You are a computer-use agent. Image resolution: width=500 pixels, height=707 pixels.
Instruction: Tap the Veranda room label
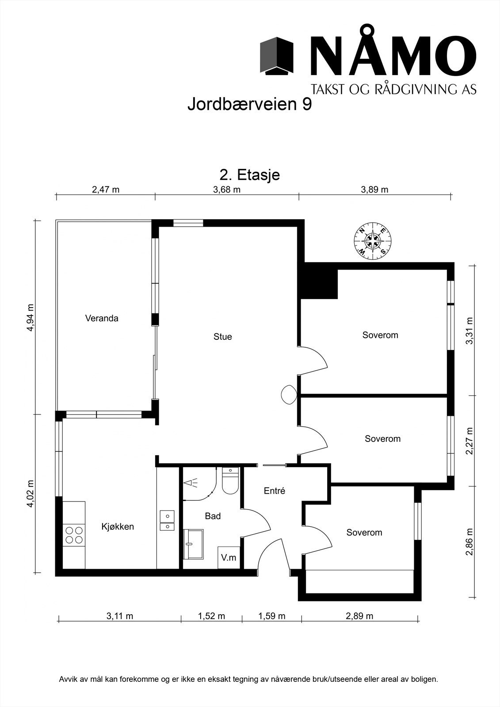[x=102, y=318]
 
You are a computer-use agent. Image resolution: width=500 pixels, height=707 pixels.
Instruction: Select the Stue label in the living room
[x=222, y=337]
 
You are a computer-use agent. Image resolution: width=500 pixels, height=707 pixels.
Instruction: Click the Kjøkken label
[x=118, y=527]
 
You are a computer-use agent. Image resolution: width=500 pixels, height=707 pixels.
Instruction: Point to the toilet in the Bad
[x=230, y=482]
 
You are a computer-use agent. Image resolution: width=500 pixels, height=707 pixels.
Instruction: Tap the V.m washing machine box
[x=229, y=558]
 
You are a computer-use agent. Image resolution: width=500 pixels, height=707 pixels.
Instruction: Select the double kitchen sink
[x=167, y=521]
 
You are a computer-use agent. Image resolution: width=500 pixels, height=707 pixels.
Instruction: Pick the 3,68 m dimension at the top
[x=227, y=190]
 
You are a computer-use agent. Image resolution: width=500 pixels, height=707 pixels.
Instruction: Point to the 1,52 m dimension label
[x=211, y=616]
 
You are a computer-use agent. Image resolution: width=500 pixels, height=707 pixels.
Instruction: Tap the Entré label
[x=275, y=491]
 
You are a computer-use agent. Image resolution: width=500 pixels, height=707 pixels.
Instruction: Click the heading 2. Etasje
[x=250, y=175]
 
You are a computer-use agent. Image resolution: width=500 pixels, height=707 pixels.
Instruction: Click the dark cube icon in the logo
[x=277, y=56]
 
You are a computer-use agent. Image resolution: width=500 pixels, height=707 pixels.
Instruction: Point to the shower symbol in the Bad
[x=191, y=483]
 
